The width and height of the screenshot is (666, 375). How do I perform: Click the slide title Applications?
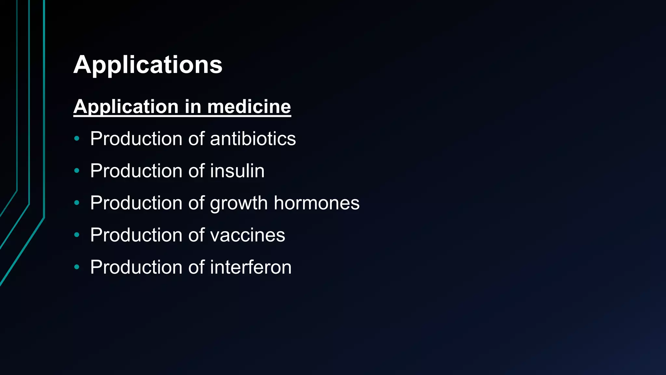[148, 65]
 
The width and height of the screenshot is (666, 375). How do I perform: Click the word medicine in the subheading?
[249, 106]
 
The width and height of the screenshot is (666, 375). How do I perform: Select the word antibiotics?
[253, 139]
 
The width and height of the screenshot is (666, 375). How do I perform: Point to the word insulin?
[237, 171]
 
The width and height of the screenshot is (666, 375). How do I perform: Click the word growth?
[239, 203]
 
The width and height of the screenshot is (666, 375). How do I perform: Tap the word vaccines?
[247, 235]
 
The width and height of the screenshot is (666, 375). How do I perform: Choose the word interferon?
[250, 267]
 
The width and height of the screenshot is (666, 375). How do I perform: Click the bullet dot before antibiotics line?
[77, 139]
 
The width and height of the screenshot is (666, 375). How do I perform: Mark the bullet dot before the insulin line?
[77, 171]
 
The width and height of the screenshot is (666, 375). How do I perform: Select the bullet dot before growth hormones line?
[77, 203]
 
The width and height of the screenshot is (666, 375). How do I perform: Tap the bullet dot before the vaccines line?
[77, 235]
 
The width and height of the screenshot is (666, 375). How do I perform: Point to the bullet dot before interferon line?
[77, 267]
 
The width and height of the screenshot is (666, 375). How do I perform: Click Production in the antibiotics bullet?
[136, 139]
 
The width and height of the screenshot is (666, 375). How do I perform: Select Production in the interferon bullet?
[136, 267]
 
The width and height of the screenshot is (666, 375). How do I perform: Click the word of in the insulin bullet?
[196, 171]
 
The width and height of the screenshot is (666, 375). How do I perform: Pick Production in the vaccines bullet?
[136, 235]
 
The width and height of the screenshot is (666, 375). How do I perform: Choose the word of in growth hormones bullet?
[196, 203]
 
